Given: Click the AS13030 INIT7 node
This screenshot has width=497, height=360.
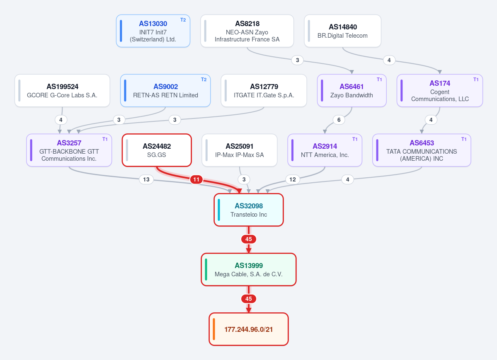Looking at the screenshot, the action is [x=153, y=31].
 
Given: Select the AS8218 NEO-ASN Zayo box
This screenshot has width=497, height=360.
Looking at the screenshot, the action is [x=247, y=31].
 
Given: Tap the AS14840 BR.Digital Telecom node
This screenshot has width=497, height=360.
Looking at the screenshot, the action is [x=343, y=31].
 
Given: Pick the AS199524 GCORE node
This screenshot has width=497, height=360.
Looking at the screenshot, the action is [x=62, y=91].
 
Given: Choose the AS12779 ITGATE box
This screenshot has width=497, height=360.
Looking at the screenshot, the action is [x=264, y=91].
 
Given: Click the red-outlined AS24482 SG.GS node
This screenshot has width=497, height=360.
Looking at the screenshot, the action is [x=157, y=150].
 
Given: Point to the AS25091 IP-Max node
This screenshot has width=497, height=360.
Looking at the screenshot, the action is [x=240, y=150].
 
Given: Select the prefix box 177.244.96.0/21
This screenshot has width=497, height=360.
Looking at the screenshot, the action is [x=249, y=329].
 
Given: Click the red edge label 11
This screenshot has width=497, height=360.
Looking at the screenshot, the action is [x=196, y=180].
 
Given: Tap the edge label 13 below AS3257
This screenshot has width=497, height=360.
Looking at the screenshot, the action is [x=146, y=180].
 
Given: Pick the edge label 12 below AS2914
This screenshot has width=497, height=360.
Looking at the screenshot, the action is [x=293, y=180].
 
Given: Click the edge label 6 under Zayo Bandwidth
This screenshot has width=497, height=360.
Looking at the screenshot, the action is [x=339, y=120].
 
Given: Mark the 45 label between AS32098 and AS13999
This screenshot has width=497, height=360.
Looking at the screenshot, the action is [x=249, y=239].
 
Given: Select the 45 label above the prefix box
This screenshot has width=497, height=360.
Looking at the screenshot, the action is [x=249, y=299].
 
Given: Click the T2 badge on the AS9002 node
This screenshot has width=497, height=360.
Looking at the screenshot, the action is [x=204, y=80].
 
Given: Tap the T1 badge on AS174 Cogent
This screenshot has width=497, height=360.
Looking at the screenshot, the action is [x=476, y=80].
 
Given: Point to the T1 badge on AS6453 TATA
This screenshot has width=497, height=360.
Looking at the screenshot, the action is [x=464, y=139].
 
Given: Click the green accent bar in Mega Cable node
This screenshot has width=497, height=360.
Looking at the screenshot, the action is [x=206, y=270].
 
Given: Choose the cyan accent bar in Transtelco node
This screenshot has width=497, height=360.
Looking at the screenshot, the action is [x=219, y=210].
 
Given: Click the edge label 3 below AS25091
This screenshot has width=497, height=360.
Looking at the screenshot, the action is [x=244, y=180].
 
